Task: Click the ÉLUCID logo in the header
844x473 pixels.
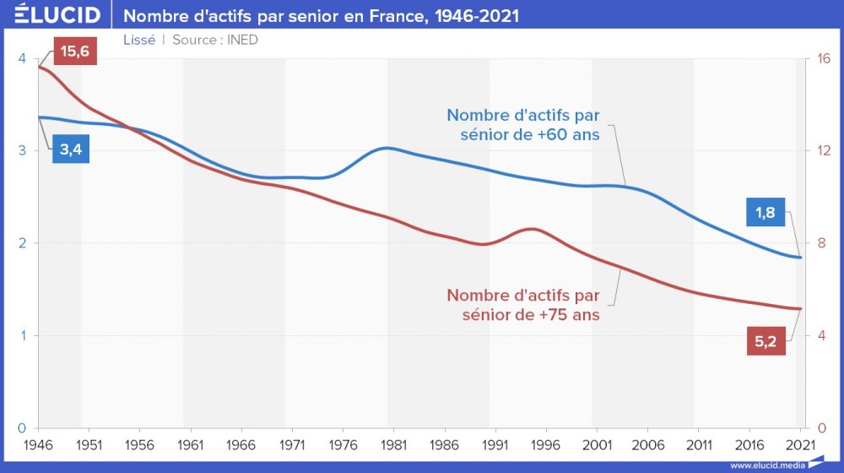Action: [x=57, y=15]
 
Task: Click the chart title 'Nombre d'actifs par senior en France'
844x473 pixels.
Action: [x=322, y=16]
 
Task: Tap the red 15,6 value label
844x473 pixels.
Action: [x=75, y=52]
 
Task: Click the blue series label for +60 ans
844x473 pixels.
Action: [x=523, y=124]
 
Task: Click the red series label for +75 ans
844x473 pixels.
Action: [x=523, y=305]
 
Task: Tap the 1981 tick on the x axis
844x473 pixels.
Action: [x=394, y=444]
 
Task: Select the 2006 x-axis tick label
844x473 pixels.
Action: [x=648, y=444]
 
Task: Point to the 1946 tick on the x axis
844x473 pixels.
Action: [x=39, y=444]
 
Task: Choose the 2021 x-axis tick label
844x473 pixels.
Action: [x=800, y=444]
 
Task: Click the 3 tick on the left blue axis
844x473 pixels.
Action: [x=21, y=151]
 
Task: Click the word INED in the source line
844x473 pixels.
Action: [x=242, y=40]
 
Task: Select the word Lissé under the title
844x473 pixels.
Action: [x=139, y=40]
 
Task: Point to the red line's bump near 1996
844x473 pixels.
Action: [x=533, y=229]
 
